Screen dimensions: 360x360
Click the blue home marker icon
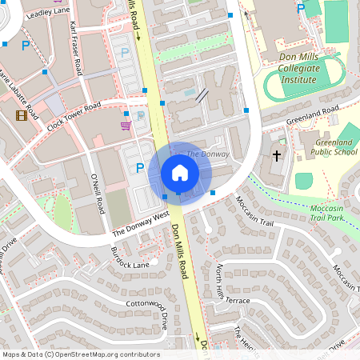[180, 172]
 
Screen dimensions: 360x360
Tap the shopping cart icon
[126, 125]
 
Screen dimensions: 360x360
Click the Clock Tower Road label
[74, 117]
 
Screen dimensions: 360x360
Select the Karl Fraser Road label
[76, 49]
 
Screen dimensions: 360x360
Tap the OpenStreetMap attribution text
[81, 354]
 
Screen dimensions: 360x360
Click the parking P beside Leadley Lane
[25, 46]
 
